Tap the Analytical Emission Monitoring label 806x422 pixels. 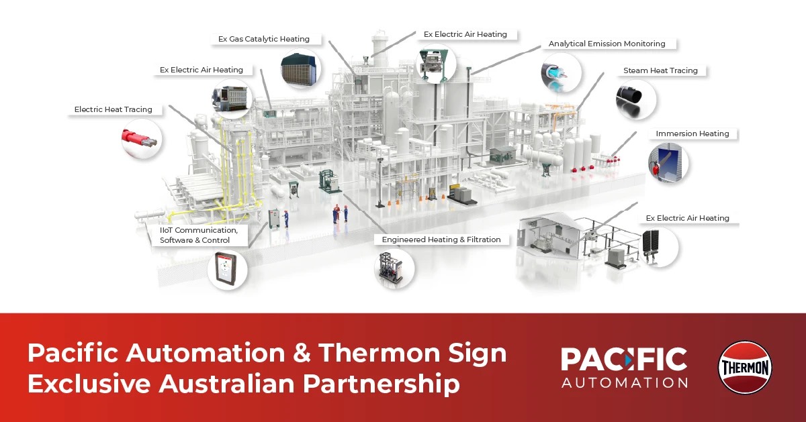pos(607,44)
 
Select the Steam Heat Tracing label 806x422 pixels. pos(660,70)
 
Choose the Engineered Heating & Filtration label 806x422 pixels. pos(441,240)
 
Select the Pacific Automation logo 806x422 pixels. pos(624,367)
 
